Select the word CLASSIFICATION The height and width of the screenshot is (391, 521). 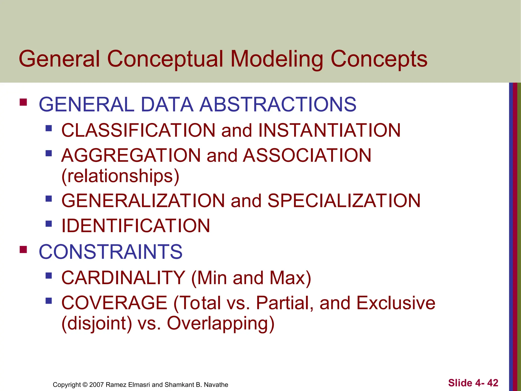point(139,130)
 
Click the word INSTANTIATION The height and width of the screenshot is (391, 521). point(329,130)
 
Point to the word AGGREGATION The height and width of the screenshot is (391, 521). point(131,156)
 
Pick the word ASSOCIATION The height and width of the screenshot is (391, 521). point(307,156)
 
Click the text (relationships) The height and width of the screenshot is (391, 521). point(120,176)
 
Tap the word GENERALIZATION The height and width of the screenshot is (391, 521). point(143,201)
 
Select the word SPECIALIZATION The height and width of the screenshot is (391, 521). point(344,201)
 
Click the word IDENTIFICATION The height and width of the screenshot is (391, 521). point(136,226)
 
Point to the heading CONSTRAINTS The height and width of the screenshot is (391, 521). point(110,252)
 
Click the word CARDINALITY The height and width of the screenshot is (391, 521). point(123,278)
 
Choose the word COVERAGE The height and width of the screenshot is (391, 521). point(114,303)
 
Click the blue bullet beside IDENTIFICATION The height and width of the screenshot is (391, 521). point(49,224)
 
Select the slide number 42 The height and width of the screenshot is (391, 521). point(493,383)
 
